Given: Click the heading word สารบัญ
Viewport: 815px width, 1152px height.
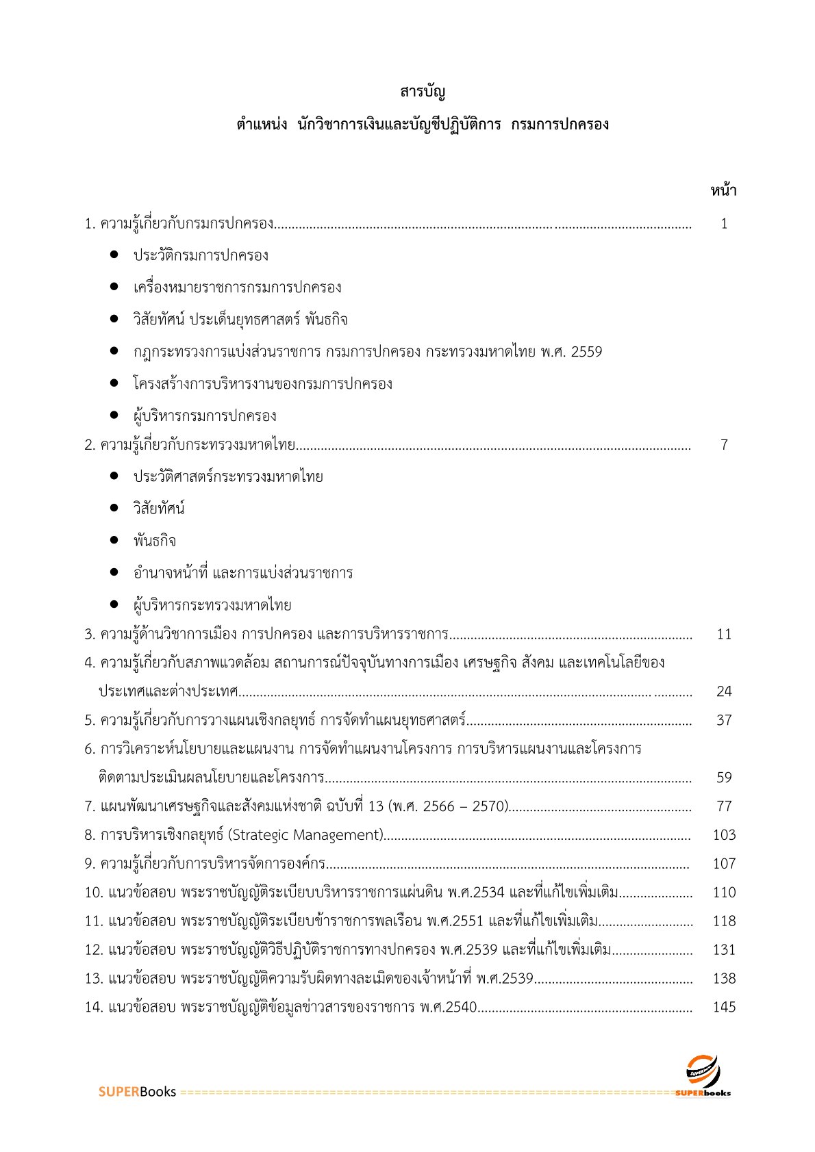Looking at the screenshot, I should [423, 92].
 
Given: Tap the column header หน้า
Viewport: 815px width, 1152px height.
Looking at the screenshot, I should [723, 191].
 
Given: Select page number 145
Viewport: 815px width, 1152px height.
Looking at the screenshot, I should [724, 1007].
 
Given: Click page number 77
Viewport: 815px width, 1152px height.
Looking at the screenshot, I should [724, 806].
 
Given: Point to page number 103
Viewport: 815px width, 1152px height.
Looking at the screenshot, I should [724, 835].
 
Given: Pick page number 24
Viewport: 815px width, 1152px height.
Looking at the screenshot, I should [724, 691].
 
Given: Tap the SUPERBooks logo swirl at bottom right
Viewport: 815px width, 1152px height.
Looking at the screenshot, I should [703, 1070].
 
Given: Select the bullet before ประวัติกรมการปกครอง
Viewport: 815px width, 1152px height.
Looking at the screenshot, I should [114, 255].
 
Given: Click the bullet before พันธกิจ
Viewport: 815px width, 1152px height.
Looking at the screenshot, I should [114, 541].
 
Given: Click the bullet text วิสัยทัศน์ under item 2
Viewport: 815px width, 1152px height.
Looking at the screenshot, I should [159, 509].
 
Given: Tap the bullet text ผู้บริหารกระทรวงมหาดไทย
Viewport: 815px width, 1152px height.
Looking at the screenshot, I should [212, 605].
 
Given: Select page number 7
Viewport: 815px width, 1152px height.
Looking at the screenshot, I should [724, 445].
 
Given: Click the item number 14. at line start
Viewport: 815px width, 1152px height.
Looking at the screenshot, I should [94, 1007].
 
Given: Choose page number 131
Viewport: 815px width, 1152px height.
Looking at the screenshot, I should [724, 950].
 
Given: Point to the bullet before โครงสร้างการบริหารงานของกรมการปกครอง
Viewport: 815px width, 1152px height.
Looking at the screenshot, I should [114, 384].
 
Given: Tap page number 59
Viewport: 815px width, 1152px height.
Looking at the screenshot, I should [724, 778].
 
